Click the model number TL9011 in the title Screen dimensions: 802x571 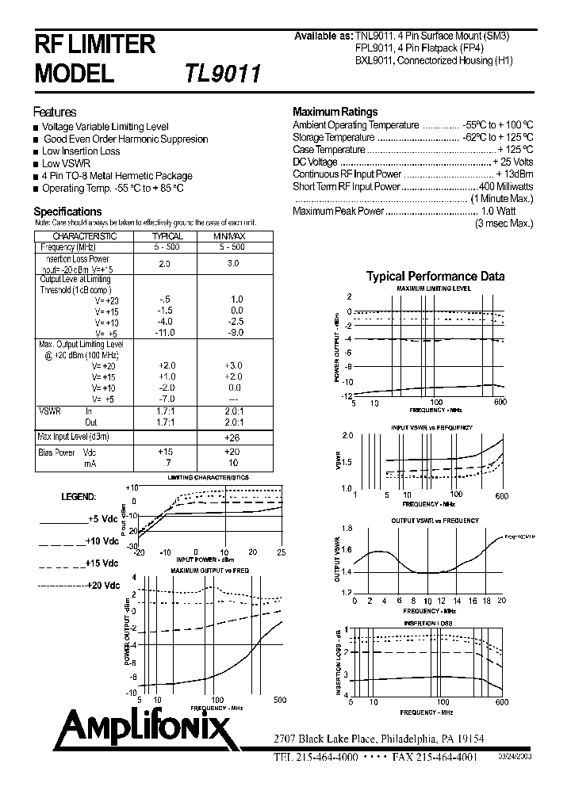pos(223,74)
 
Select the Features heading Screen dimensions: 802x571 pos(55,112)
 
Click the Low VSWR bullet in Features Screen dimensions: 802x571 pos(66,163)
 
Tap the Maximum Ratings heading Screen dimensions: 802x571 pos(335,112)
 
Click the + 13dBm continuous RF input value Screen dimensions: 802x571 pos(514,174)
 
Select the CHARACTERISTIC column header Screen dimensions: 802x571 pos(84,236)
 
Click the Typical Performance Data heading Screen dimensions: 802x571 pos(435,277)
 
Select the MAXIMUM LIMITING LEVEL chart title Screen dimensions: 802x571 pos(433,289)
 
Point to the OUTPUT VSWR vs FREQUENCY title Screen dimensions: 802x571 pos(435,521)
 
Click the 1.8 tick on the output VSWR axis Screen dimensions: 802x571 pos(346,529)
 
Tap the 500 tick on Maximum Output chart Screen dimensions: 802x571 pos(279,701)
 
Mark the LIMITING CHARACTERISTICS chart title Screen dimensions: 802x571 pos(208,478)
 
